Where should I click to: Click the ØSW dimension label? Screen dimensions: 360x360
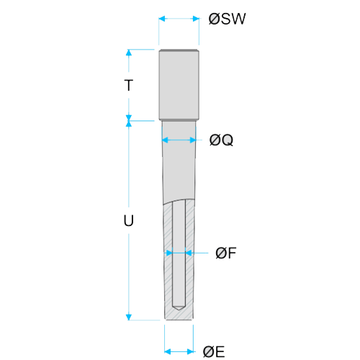(227, 19)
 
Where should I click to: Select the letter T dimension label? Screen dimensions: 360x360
(129, 85)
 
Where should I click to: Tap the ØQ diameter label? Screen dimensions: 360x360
(221, 140)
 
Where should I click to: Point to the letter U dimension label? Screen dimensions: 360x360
(129, 220)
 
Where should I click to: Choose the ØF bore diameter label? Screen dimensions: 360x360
(226, 253)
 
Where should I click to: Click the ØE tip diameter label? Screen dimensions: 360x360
(214, 352)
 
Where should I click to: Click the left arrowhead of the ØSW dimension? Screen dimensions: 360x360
(162, 19)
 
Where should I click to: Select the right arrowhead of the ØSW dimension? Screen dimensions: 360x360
(196, 19)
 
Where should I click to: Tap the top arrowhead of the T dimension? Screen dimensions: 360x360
(129, 53)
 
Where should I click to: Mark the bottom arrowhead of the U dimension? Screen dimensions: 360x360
(129, 317)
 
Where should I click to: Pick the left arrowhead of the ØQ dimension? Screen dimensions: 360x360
(166, 140)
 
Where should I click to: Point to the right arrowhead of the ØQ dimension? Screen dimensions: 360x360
(193, 140)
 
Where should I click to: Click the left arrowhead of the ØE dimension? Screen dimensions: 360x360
(168, 352)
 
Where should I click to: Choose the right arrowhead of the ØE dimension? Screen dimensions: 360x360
(190, 352)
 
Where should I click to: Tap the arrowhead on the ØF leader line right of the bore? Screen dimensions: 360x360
(189, 253)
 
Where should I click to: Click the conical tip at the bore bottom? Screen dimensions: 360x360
(179, 308)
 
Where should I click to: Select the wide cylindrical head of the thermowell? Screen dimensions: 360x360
(179, 85)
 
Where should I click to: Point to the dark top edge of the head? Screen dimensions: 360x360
(179, 50)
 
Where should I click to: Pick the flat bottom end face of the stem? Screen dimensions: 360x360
(179, 320)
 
